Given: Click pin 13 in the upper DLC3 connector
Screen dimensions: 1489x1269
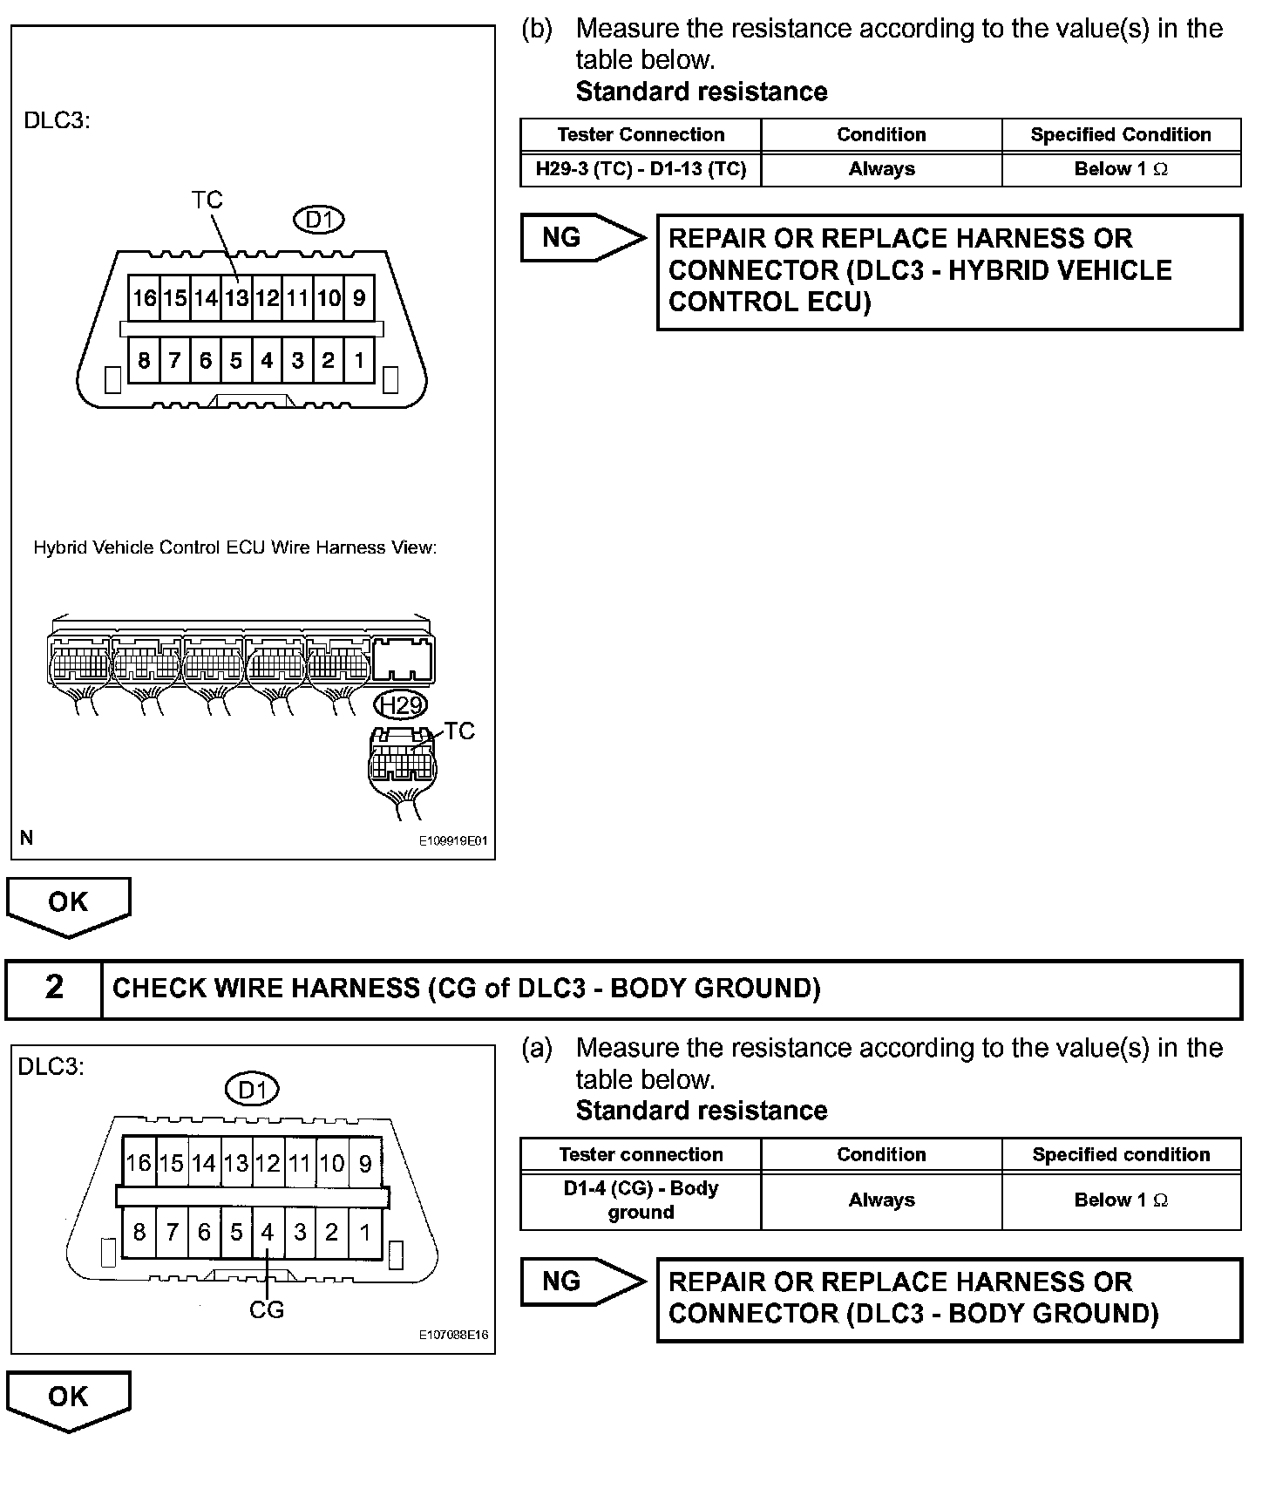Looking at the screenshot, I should pos(236,299).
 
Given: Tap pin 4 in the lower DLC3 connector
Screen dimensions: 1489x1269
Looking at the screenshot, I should pos(268,1232).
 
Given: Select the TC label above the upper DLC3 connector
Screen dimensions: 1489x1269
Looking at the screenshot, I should pos(207,201).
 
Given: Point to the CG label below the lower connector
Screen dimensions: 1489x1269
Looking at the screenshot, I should pos(267,1309).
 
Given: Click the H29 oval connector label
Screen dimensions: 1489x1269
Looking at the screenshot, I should pos(401,704).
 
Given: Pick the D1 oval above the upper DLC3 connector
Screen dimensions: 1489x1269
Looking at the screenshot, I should pos(320,220).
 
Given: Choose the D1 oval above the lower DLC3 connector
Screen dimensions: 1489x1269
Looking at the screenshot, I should pos(252,1090).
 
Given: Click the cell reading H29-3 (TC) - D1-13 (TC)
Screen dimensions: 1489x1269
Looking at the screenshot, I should pos(641,169).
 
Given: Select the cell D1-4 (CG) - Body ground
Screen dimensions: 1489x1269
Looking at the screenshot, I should pos(641,1200).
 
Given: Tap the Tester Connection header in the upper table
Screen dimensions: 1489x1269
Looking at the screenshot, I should pos(641,135).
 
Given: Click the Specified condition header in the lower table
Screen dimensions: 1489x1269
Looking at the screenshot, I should pos(1121,1154).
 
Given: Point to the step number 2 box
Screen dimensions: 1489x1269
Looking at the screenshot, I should pos(54,988).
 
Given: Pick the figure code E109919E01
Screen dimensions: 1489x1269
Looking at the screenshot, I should pos(453,841).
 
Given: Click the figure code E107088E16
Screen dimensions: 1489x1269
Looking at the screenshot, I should pos(453,1335).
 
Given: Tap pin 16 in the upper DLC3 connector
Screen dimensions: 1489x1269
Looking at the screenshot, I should pos(144,299).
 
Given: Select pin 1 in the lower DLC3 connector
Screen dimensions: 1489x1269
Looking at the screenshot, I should pos(365,1232).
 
